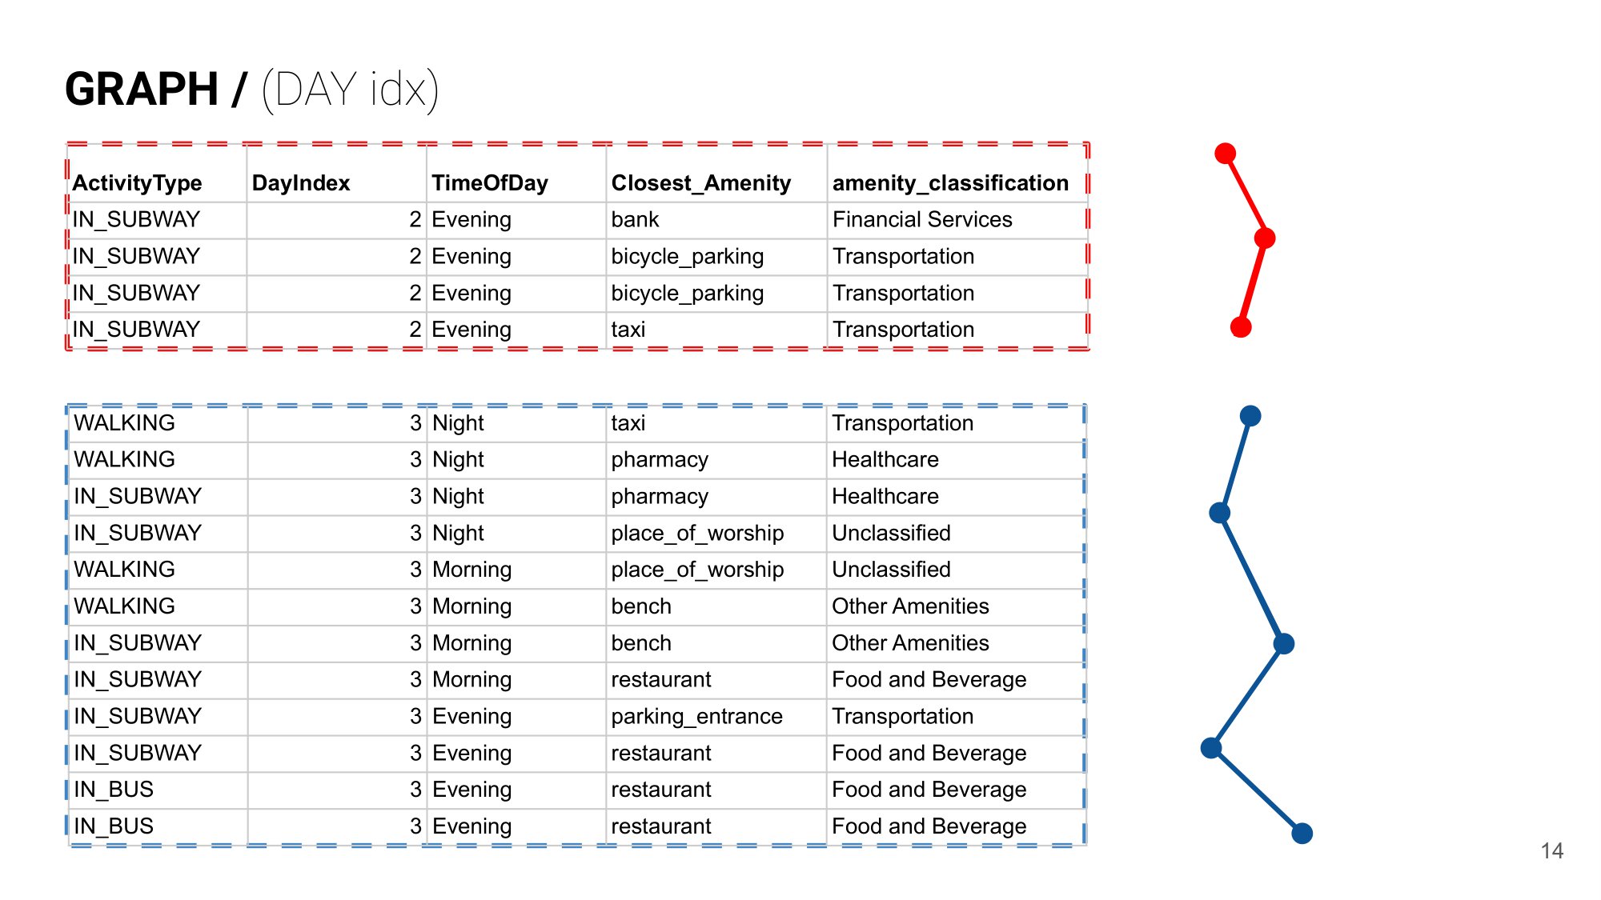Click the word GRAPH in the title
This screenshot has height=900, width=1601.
coord(142,89)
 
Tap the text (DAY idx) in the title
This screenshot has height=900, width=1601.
coord(350,89)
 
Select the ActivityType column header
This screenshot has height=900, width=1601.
coord(137,183)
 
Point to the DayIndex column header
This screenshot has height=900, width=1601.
coord(301,183)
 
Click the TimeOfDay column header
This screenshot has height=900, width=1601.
coord(490,183)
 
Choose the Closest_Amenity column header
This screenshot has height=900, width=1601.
coord(700,183)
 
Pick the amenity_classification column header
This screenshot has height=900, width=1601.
coord(950,183)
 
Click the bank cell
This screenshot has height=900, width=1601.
coord(635,219)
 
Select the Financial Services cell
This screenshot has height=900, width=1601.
coord(922,219)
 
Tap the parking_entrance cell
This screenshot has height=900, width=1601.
coord(696,716)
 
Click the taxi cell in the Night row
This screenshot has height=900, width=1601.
coord(628,422)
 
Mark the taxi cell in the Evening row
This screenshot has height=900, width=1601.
coord(628,329)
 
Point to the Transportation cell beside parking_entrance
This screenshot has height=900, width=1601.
coord(902,716)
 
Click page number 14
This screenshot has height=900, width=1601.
coord(1551,850)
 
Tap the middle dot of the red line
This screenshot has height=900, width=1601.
coord(1265,238)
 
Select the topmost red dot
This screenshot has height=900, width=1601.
coord(1225,153)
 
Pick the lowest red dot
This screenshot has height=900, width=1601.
coord(1241,326)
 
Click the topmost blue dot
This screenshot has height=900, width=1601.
coord(1250,415)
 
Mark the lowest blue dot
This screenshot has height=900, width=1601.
coord(1302,834)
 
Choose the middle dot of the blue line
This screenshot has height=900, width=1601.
coord(1284,643)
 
